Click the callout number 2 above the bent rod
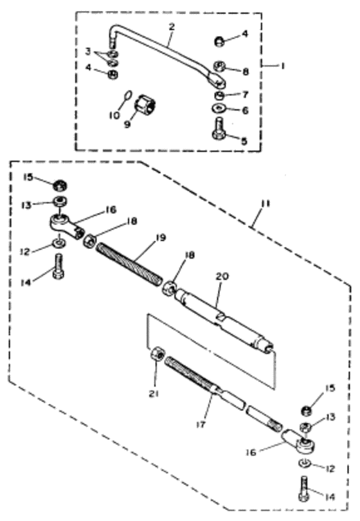pyautogui.click(x=172, y=27)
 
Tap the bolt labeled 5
pyautogui.click(x=219, y=129)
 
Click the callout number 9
pyautogui.click(x=127, y=125)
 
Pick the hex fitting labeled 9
pyautogui.click(x=146, y=104)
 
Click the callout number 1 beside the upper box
pyautogui.click(x=282, y=66)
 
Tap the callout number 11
pyautogui.click(x=266, y=203)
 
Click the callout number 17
pyautogui.click(x=201, y=424)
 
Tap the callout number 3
pyautogui.click(x=87, y=51)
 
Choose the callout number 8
pyautogui.click(x=246, y=71)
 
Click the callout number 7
pyautogui.click(x=246, y=95)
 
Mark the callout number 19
pyautogui.click(x=161, y=238)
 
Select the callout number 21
pyautogui.click(x=154, y=394)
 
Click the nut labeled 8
pyautogui.click(x=219, y=66)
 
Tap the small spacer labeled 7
pyautogui.click(x=219, y=96)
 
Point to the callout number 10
pyautogui.click(x=114, y=115)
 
